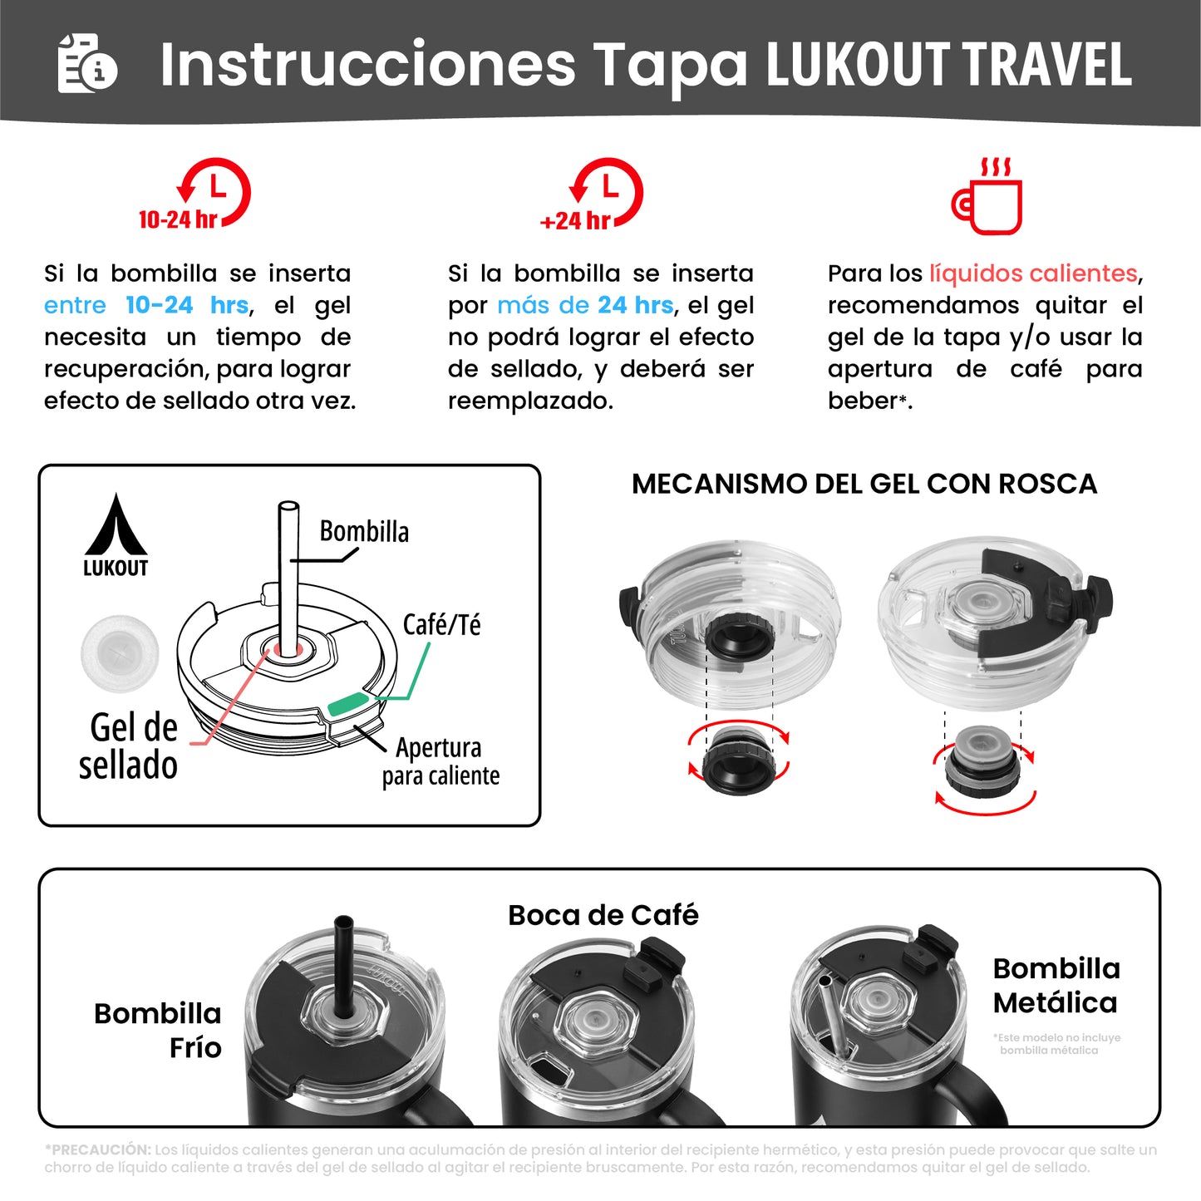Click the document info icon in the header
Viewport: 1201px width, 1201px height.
(x=87, y=63)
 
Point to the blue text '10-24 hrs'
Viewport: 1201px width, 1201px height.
(x=187, y=306)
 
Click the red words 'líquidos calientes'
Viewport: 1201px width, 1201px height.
(x=1033, y=273)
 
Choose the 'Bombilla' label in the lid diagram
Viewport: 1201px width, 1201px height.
(x=364, y=532)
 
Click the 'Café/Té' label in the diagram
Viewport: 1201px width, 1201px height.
(x=441, y=625)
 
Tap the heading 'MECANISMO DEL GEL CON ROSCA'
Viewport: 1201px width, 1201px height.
(x=864, y=484)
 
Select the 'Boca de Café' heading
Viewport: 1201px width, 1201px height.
(x=603, y=915)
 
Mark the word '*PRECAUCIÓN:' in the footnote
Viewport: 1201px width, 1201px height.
(x=98, y=1150)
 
